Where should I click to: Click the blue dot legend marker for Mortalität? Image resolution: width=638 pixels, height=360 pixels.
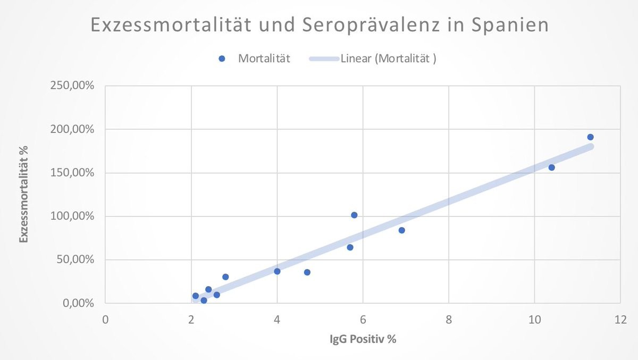[222, 59]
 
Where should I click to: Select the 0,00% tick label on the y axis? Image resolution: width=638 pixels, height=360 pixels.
[79, 304]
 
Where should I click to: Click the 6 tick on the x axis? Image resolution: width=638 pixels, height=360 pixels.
[363, 320]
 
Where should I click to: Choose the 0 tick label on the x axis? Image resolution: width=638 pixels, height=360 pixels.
[105, 320]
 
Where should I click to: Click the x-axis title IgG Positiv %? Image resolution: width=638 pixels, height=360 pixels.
[363, 339]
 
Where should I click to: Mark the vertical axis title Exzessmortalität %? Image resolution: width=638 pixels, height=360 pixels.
[24, 195]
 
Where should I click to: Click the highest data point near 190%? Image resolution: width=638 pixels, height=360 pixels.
[590, 137]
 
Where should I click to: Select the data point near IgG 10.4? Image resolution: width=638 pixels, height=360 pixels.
[551, 168]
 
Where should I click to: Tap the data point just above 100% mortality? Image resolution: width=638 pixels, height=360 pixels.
[354, 215]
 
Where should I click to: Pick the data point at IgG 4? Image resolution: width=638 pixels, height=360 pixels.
[277, 271]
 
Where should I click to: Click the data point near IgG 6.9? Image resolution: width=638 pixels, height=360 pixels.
[401, 230]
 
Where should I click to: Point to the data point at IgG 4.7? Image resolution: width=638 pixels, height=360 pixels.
[307, 272]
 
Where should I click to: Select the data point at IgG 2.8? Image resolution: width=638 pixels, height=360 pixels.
[225, 277]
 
